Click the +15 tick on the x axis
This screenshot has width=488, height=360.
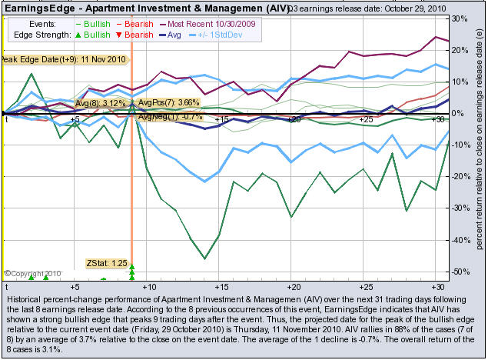tap(221, 119)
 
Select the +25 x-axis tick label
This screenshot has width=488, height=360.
tap(365, 119)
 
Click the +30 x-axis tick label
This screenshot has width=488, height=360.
tap(437, 119)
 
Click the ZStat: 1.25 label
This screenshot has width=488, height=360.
tap(106, 263)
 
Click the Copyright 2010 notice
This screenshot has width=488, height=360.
tap(32, 272)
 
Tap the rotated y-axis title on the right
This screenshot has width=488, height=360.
tap(478, 146)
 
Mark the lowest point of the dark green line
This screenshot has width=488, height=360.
tap(204, 258)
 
